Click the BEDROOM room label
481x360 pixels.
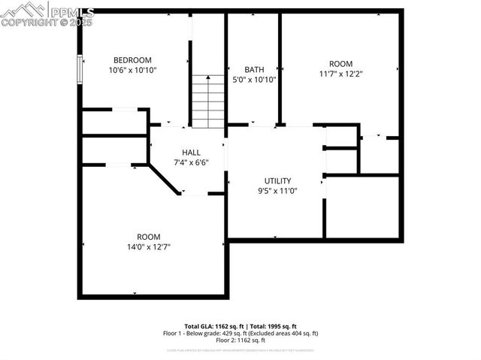click(x=132, y=60)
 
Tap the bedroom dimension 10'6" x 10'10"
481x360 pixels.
click(x=132, y=70)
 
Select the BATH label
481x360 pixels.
click(x=254, y=69)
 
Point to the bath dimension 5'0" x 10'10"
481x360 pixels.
click(x=254, y=79)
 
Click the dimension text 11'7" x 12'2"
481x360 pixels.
click(x=340, y=74)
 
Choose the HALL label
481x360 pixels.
click(x=191, y=152)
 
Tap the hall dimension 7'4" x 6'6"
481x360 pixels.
click(x=191, y=162)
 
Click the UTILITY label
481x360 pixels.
click(x=277, y=180)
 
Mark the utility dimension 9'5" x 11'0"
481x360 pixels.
click(x=277, y=190)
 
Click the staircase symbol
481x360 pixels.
click(x=208, y=101)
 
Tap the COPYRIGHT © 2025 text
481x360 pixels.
click(x=47, y=23)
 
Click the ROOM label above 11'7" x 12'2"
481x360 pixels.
click(x=340, y=64)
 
